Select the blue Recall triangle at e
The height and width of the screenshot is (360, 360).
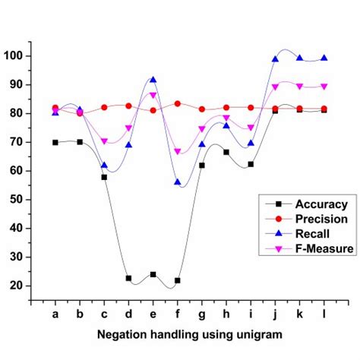point(153,80)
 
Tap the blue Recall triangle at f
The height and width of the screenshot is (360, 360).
point(178,182)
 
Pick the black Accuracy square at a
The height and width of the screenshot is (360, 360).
point(55,142)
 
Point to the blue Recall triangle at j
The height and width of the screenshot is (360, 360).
point(275,58)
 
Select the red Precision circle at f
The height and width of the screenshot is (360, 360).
point(178,103)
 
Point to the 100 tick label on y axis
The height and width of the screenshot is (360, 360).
point(15,56)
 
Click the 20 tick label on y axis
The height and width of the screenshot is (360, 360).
point(18,286)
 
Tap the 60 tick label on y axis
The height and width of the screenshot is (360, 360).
point(18,171)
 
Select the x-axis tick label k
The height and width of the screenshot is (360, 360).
point(300,313)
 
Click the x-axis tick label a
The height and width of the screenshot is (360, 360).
point(55,313)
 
